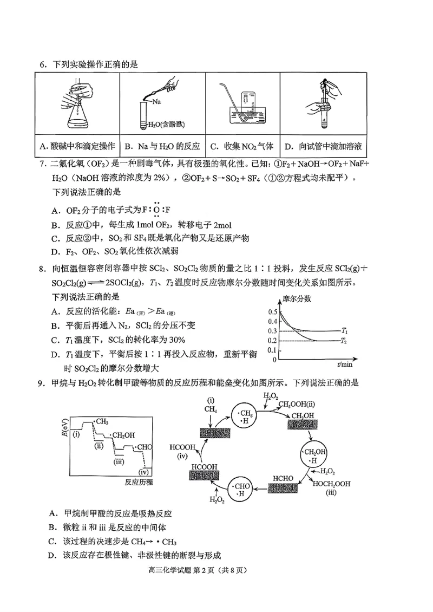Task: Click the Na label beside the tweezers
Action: pos(156,101)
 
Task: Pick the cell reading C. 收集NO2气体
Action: pos(242,146)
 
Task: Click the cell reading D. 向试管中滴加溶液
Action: pos(322,146)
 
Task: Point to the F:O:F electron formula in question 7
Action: pos(156,210)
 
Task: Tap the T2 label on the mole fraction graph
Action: pos(344,340)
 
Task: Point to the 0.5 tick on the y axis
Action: pos(273,311)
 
